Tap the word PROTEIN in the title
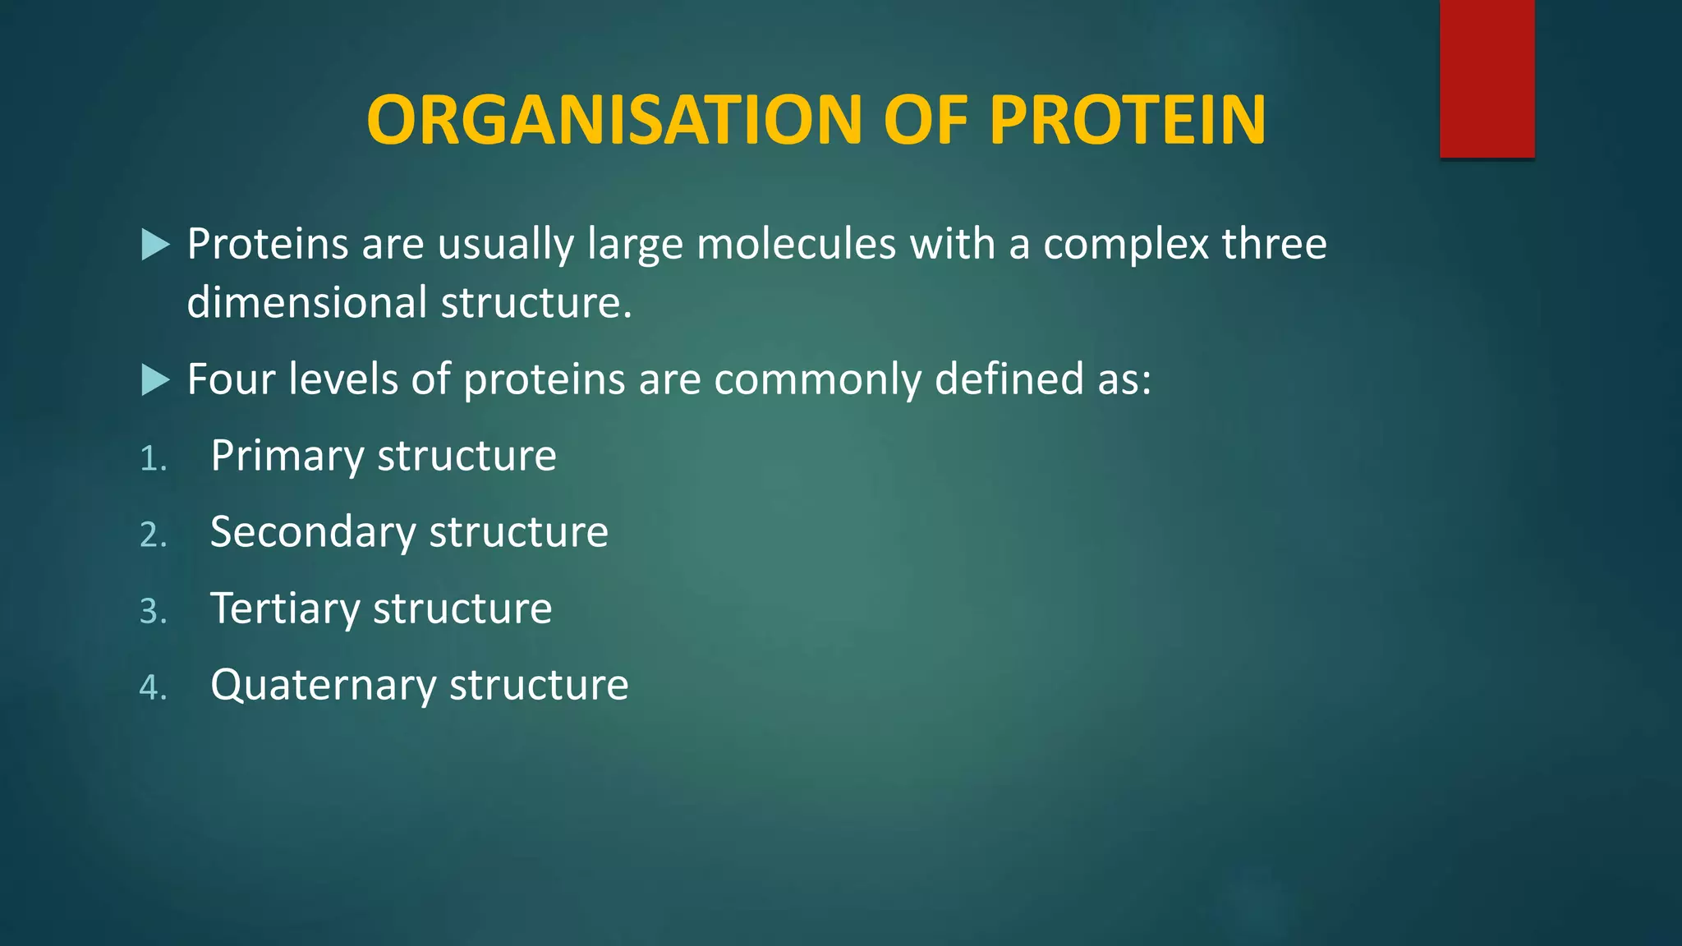1128,120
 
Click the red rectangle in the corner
1487,78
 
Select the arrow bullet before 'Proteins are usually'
154,245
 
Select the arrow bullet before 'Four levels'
154,380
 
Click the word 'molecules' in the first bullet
796,244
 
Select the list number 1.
152,459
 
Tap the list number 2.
153,535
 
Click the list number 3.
153,612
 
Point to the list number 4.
153,688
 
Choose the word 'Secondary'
313,533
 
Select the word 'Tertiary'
285,609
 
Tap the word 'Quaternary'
323,686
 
